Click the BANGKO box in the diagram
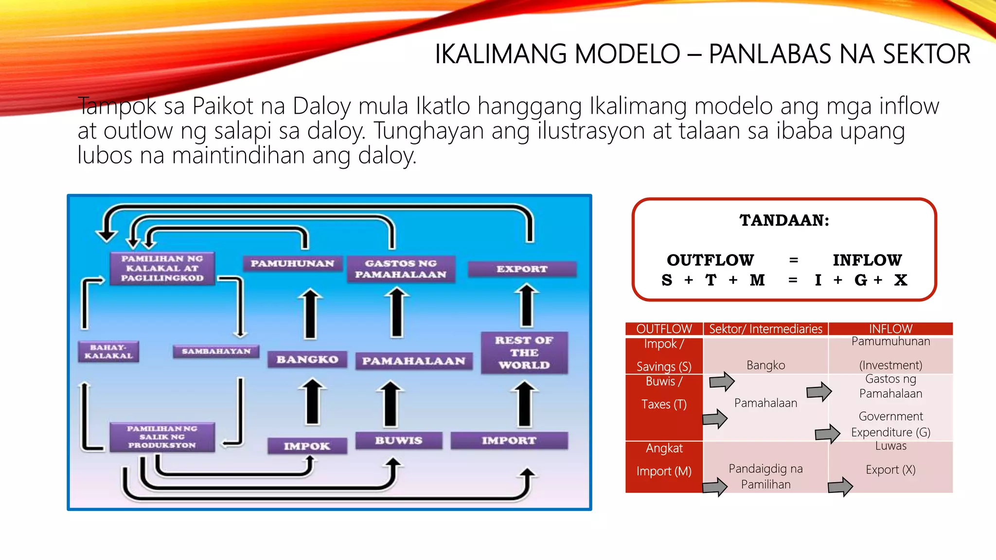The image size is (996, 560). (x=307, y=360)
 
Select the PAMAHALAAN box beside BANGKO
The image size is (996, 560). (x=413, y=361)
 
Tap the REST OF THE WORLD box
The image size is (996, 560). (x=524, y=353)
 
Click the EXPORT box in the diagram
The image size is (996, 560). (x=522, y=269)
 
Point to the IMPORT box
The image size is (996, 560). (x=509, y=440)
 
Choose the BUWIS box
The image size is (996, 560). (x=398, y=440)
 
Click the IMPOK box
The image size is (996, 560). (x=307, y=446)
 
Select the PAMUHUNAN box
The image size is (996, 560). (x=292, y=263)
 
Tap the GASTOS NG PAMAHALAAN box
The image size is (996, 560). (x=401, y=269)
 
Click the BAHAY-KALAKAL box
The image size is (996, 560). (x=108, y=351)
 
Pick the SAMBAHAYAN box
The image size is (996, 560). (x=216, y=351)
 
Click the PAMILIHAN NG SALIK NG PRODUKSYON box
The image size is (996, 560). (x=162, y=437)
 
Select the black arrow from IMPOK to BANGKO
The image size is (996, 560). (x=312, y=402)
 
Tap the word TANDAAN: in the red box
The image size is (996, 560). (x=784, y=220)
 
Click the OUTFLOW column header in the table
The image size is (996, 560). (x=664, y=329)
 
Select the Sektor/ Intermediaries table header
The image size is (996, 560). (x=765, y=329)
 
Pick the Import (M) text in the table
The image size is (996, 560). (x=664, y=471)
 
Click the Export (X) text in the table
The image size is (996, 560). (x=890, y=470)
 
